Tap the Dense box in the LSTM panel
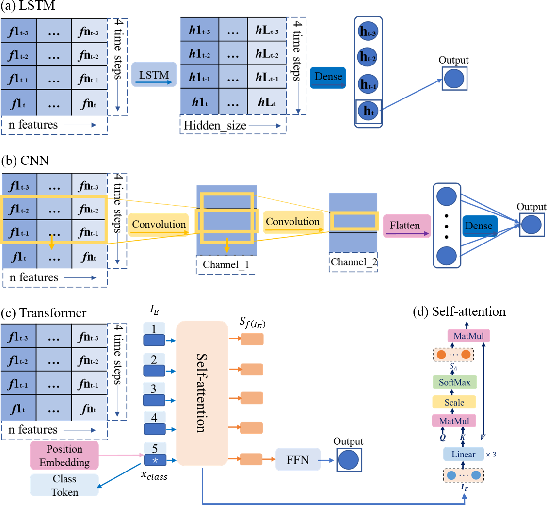(328, 78)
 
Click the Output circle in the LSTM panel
(454, 79)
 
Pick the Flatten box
(406, 226)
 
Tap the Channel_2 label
(354, 262)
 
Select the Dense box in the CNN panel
(478, 226)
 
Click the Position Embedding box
(64, 455)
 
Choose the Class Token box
(64, 485)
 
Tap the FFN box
(298, 459)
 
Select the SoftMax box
(454, 382)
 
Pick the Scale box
(454, 402)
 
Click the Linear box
(463, 454)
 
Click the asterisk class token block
(154, 459)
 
